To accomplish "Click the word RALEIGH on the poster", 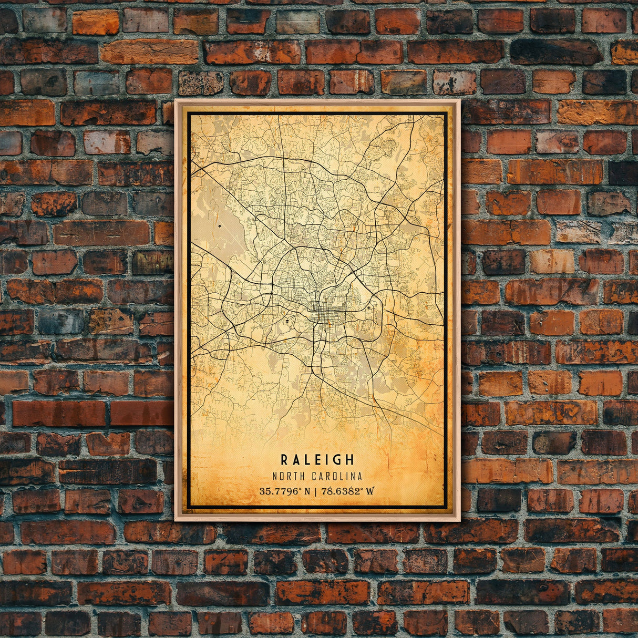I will coord(317,460).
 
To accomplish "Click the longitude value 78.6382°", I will coord(343,491).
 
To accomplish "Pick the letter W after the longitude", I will coord(371,491).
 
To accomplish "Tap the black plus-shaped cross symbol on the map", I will coord(369,307).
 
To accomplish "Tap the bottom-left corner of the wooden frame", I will coord(176,520).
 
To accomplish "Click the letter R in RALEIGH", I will coord(284,460).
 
